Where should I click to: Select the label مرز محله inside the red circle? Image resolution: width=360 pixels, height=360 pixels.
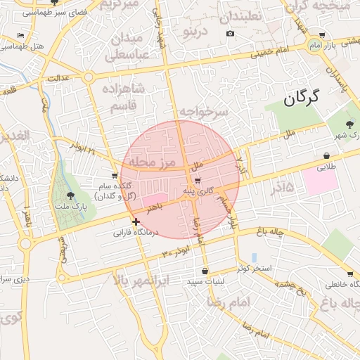click(x=148, y=163)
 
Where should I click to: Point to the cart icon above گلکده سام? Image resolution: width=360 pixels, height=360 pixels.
click(x=115, y=175)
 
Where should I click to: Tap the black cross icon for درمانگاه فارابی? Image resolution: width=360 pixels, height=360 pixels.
click(x=136, y=221)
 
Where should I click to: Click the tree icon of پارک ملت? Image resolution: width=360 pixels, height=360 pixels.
click(x=70, y=195)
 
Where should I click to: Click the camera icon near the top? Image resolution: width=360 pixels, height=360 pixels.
click(x=230, y=33)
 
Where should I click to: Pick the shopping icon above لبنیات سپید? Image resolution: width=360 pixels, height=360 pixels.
click(x=205, y=271)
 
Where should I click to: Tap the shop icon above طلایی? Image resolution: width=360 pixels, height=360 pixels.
click(x=327, y=155)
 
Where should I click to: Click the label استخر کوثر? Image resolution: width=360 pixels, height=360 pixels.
click(x=254, y=269)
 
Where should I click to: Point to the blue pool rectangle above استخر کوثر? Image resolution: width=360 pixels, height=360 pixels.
click(x=254, y=257)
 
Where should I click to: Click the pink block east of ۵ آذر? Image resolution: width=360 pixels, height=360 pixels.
click(x=321, y=181)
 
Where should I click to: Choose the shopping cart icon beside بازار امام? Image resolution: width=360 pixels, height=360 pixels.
click(x=322, y=34)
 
